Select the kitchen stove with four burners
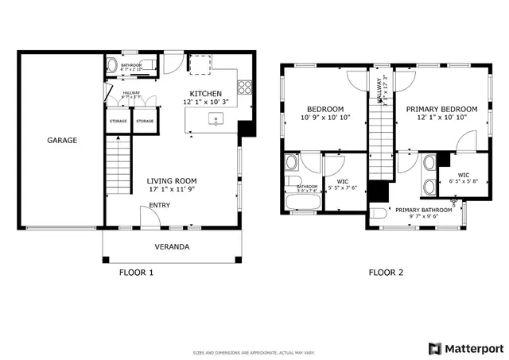tap(245, 87)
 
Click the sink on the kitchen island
tap(214, 121)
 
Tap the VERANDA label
tap(172, 246)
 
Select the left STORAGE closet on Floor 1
tap(118, 122)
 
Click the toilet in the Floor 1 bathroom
tap(112, 64)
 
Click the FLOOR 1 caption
tap(136, 273)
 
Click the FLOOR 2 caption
tap(386, 273)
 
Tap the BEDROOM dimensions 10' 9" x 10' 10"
tap(325, 118)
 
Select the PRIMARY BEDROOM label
tap(441, 109)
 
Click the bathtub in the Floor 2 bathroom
tap(302, 204)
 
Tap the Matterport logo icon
tap(434, 348)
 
